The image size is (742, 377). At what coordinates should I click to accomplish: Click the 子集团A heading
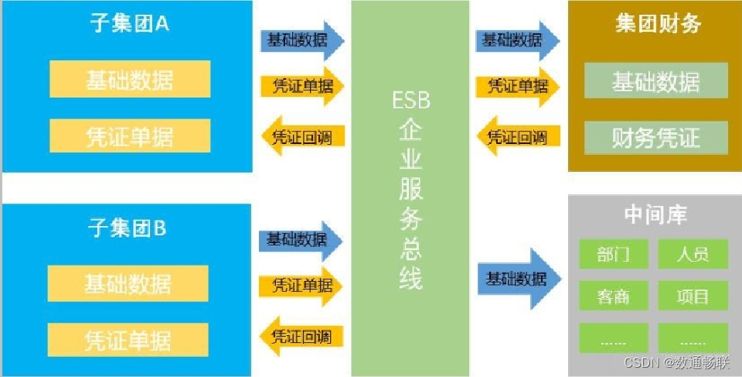(129, 24)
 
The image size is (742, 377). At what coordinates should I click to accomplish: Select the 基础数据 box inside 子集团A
(130, 79)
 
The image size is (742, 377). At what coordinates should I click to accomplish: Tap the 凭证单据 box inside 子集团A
(130, 135)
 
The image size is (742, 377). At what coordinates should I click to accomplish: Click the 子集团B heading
(128, 228)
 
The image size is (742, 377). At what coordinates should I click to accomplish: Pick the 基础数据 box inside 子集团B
(128, 283)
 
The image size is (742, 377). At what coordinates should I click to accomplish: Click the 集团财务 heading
(658, 24)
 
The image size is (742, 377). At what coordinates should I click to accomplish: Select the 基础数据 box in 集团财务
(656, 81)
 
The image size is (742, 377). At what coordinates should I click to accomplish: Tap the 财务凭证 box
(656, 138)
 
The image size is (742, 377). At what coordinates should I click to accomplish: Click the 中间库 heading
(655, 214)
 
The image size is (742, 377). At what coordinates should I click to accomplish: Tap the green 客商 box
(613, 296)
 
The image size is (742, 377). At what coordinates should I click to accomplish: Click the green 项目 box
(693, 296)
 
